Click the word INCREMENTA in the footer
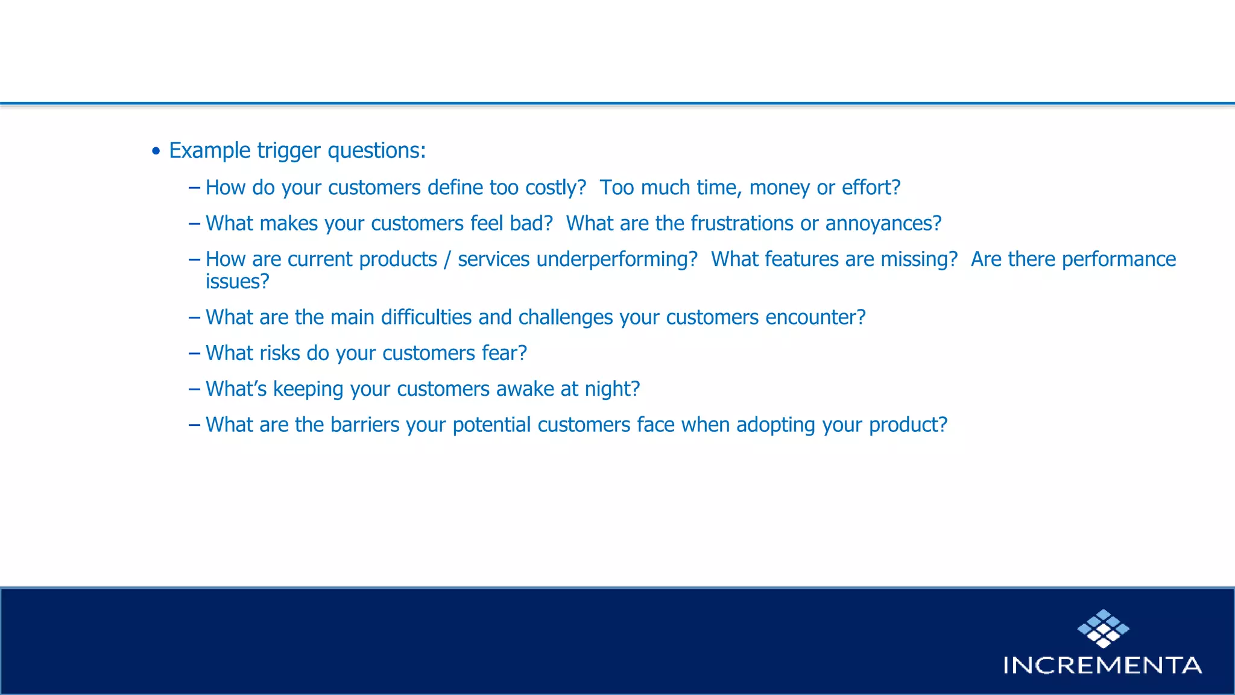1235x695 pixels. point(1102,665)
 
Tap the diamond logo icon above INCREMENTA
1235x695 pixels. point(1103,629)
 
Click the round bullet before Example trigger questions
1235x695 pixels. point(156,151)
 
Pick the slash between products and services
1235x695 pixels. point(447,260)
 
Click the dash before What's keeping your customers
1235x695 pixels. point(194,389)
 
